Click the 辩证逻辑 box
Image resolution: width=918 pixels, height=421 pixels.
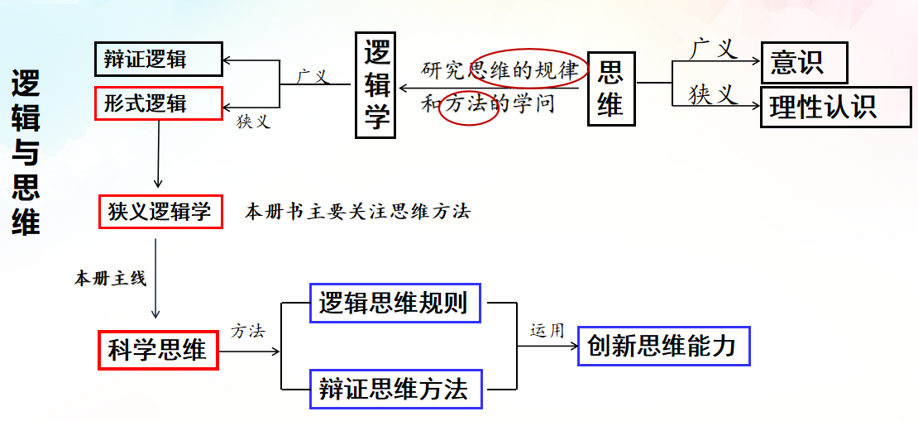point(158,60)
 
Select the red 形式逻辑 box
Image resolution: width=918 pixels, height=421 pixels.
point(158,103)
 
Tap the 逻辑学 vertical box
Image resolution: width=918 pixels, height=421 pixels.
point(376,85)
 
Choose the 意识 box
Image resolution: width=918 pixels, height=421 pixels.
point(804,62)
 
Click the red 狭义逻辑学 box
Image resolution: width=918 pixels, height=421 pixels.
point(160,212)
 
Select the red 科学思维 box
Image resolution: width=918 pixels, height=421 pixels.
point(157,350)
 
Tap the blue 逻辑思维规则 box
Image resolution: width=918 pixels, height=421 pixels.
point(394,304)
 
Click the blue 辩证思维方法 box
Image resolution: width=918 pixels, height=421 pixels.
point(394,389)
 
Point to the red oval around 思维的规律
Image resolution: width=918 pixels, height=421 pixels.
point(528,70)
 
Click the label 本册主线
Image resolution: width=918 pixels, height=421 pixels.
point(111,279)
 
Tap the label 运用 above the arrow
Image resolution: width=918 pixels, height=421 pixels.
point(547,331)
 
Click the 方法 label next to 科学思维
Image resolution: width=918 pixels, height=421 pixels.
point(248,332)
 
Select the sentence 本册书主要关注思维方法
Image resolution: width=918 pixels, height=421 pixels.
point(357,212)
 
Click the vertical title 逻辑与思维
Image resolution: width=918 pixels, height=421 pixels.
point(26,153)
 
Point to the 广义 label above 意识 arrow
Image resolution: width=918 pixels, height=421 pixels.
point(713,49)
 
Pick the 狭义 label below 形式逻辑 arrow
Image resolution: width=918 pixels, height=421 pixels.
point(254,122)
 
